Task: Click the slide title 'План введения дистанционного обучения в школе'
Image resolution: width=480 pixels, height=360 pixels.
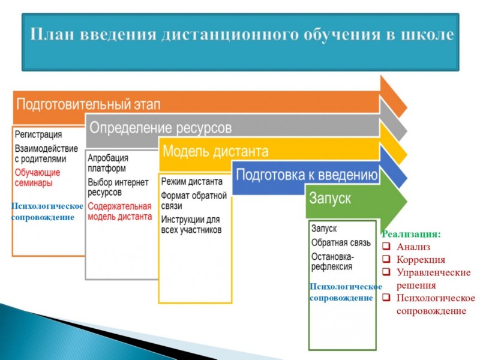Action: pos(242,34)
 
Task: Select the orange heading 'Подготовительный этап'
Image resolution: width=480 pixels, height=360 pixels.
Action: pos(88,104)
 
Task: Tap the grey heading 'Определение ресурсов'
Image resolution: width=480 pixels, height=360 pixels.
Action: pos(160,128)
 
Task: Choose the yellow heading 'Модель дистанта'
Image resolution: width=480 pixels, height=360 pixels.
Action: pos(215,151)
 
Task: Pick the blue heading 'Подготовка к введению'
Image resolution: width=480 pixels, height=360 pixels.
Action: pos(307,175)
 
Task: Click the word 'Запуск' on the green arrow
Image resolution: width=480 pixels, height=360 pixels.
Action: pos(330,198)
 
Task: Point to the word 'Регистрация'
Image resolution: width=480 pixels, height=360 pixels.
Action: pos(38,134)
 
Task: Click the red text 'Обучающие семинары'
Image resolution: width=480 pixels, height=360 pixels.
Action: pos(37,178)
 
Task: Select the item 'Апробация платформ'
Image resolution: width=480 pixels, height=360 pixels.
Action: pos(108,163)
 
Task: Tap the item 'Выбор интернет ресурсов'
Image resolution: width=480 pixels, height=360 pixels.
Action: pos(118,187)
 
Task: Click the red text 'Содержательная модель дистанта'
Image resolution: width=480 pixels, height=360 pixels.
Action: pos(119,211)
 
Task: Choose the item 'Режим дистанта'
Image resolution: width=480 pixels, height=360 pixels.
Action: pos(191,182)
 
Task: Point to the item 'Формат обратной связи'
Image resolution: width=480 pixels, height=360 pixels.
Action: pos(194,200)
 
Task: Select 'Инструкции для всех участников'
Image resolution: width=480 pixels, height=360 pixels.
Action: pos(191,224)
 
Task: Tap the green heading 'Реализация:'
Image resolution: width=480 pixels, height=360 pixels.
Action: pos(411,234)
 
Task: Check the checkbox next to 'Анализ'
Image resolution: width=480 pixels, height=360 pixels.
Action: pos(386,246)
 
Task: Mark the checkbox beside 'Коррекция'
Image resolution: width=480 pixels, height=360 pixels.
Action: pos(386,259)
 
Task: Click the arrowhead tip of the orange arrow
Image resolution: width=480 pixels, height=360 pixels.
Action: pos(407,108)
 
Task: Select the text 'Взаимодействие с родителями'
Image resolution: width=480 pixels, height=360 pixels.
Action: pos(46,154)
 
